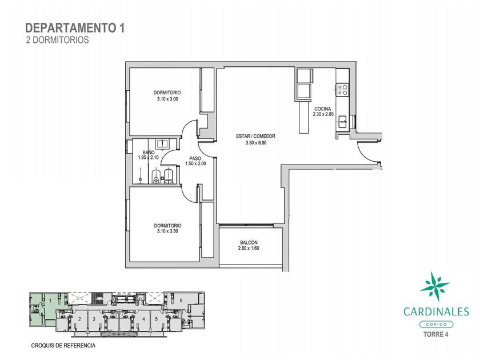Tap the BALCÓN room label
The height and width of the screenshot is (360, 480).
click(x=249, y=242)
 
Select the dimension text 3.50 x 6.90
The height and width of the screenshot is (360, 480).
click(x=256, y=142)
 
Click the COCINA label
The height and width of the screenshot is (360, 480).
click(x=323, y=109)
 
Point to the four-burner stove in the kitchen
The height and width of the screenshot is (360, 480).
click(x=342, y=89)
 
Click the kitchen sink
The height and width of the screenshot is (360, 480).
click(x=342, y=123)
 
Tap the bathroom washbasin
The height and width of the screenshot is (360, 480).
click(x=161, y=143)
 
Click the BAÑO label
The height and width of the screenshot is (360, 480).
click(x=149, y=153)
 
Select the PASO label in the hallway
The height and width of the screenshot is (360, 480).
click(x=195, y=158)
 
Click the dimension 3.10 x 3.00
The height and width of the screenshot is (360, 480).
click(x=167, y=99)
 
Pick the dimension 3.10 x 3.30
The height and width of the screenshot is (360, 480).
click(x=167, y=231)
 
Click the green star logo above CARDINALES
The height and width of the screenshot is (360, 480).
click(x=435, y=286)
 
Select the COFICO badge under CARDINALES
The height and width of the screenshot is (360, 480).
click(x=436, y=324)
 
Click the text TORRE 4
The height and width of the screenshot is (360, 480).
click(x=436, y=334)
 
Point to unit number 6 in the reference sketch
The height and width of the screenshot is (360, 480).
click(x=181, y=301)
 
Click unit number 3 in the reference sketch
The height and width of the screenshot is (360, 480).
click(x=94, y=319)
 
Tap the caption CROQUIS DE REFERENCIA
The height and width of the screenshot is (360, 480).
click(x=63, y=346)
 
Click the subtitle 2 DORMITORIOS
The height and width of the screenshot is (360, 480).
click(x=58, y=40)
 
